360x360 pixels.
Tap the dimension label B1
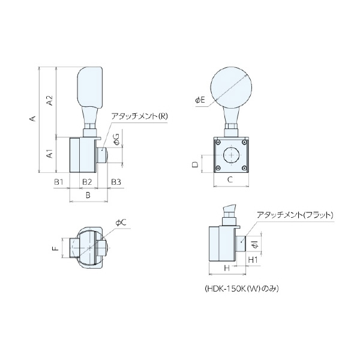pyautogui.click(x=59, y=181)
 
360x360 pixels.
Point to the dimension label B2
pyautogui.click(x=87, y=181)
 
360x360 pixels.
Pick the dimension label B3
pyautogui.click(x=116, y=181)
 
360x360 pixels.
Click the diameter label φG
pyautogui.click(x=116, y=140)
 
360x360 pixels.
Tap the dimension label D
pyautogui.click(x=196, y=164)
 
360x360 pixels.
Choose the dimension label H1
pyautogui.click(x=253, y=260)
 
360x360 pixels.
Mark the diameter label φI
pyautogui.click(x=254, y=244)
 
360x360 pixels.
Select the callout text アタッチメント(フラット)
pyautogui.click(x=294, y=214)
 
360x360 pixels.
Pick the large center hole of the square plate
pyautogui.click(x=231, y=155)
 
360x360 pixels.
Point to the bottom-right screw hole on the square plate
pyautogui.click(x=244, y=168)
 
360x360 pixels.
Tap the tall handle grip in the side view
pyautogui.click(x=91, y=86)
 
